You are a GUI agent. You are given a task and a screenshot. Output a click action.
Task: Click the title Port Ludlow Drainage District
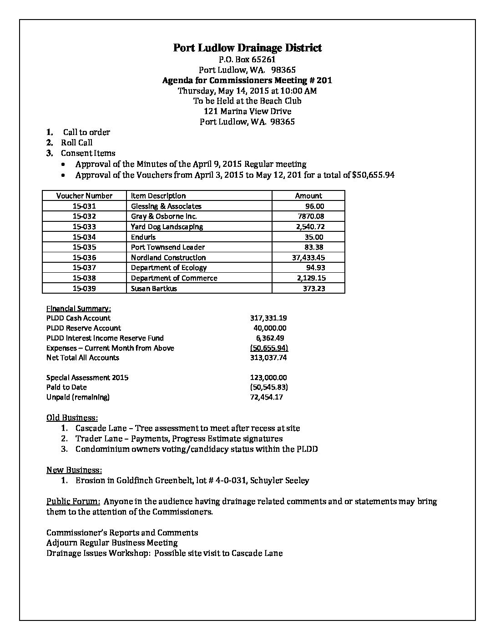pyautogui.click(x=247, y=48)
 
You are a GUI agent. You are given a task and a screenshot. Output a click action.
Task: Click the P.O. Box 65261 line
pyautogui.click(x=247, y=59)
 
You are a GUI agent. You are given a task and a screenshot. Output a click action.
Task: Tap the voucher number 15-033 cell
pyautogui.click(x=84, y=226)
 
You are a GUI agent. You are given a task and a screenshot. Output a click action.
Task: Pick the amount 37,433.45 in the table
pyautogui.click(x=308, y=257)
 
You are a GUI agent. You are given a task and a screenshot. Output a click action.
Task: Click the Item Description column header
pyautogui.click(x=158, y=195)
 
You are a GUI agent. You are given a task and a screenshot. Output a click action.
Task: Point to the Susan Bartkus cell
pyautogui.click(x=154, y=288)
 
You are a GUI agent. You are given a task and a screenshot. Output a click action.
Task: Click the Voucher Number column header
pyautogui.click(x=84, y=195)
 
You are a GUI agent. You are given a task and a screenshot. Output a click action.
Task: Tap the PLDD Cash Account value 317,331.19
pyautogui.click(x=268, y=318)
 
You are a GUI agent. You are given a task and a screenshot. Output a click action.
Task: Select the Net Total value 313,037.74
pyautogui.click(x=268, y=358)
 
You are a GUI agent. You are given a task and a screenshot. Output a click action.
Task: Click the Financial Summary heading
pyautogui.click(x=78, y=308)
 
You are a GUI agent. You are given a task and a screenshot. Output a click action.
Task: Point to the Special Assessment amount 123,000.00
pyautogui.click(x=268, y=377)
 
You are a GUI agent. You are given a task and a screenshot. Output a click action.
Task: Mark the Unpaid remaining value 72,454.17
pyautogui.click(x=267, y=397)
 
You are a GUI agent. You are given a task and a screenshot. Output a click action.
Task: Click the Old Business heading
pyautogui.click(x=72, y=417)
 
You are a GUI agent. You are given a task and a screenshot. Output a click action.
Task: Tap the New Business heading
pyautogui.click(x=74, y=470)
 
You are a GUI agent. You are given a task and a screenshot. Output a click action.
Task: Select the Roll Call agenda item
pyautogui.click(x=77, y=143)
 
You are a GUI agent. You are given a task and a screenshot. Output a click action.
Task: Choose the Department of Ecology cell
pyautogui.click(x=169, y=268)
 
